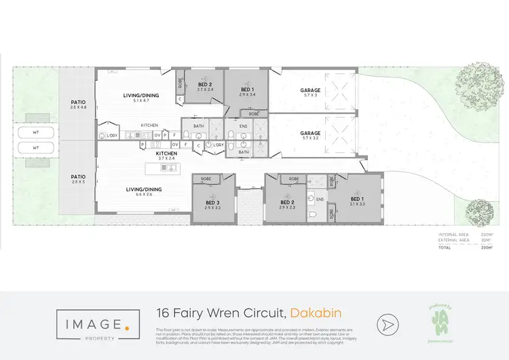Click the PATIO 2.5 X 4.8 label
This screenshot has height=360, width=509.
tap(78, 105)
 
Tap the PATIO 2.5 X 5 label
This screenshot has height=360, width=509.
tap(78, 179)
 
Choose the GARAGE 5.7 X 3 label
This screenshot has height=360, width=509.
tap(310, 92)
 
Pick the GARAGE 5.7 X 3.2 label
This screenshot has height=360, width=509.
tap(310, 135)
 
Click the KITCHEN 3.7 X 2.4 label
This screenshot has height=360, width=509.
tap(166, 156)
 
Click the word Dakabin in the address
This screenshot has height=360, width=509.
tap(315, 313)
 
